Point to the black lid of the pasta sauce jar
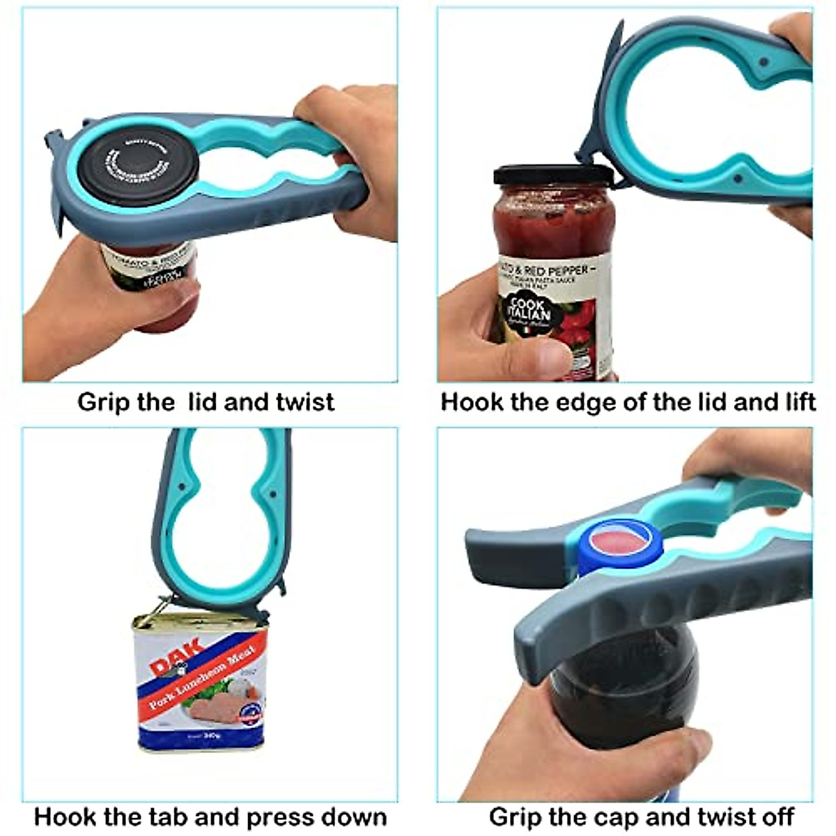[x=553, y=175]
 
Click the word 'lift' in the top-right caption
[x=796, y=402]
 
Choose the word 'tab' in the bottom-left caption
[x=173, y=816]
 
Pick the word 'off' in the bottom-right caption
[x=777, y=816]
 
